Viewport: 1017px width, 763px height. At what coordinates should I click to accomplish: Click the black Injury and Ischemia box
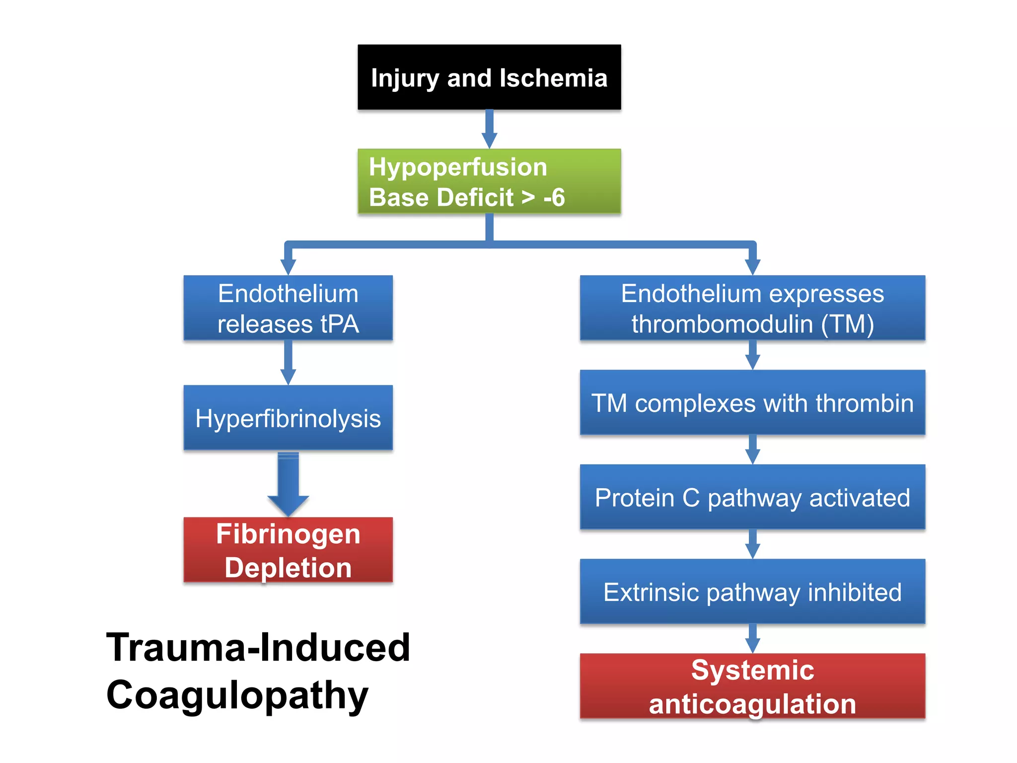(x=489, y=77)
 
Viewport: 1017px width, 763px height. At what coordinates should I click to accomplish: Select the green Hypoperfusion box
(x=489, y=181)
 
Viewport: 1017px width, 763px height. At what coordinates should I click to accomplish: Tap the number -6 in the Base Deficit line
(x=554, y=198)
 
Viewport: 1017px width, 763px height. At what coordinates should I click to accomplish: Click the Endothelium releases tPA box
(x=288, y=308)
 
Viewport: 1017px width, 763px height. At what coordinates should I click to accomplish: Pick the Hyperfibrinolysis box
(x=288, y=418)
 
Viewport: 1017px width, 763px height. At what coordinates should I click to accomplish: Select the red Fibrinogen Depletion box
(x=288, y=550)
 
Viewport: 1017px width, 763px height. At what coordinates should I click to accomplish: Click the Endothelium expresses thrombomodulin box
(x=752, y=308)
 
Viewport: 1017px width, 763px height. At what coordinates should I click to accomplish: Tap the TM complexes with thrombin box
(x=752, y=402)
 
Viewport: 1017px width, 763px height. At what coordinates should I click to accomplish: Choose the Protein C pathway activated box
(x=752, y=497)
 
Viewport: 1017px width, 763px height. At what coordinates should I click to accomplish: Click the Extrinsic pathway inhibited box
(x=752, y=591)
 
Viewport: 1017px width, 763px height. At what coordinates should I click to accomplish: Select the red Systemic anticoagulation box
(x=752, y=686)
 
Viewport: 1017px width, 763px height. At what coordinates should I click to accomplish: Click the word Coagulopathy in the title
(x=237, y=695)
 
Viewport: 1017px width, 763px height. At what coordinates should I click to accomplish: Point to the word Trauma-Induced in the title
(x=258, y=648)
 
